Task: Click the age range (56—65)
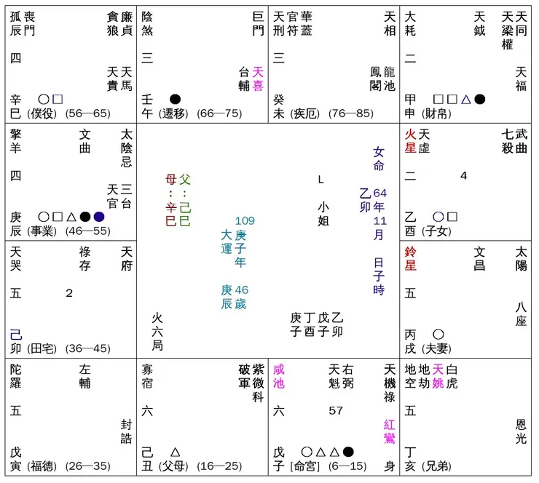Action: pyautogui.click(x=87, y=113)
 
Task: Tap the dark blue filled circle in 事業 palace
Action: pyautogui.click(x=99, y=216)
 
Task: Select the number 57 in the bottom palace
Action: pyautogui.click(x=336, y=411)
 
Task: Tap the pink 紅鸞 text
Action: pyautogui.click(x=390, y=432)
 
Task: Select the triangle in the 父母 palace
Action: pyautogui.click(x=175, y=452)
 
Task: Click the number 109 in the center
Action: pyautogui.click(x=245, y=221)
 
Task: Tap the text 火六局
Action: pyautogui.click(x=157, y=332)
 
